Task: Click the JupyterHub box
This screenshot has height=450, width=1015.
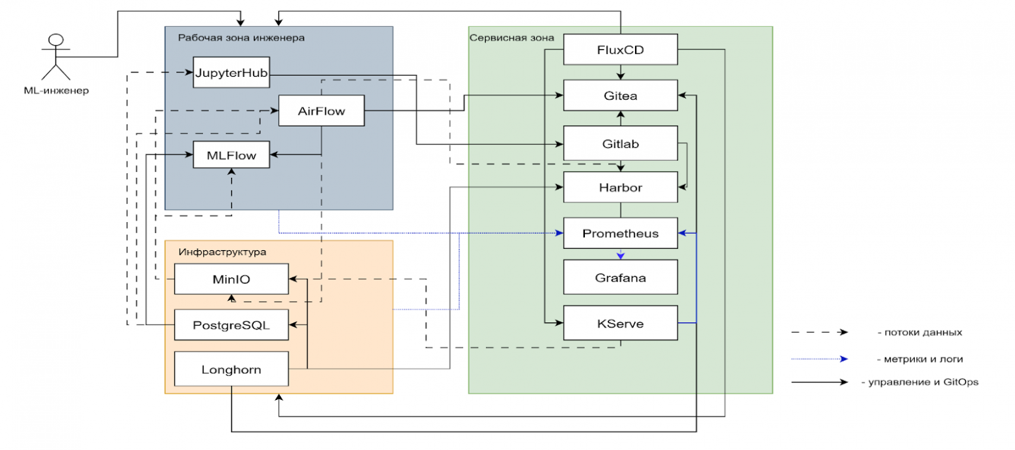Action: pos(232,73)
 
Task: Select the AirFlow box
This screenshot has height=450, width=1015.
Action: pos(321,111)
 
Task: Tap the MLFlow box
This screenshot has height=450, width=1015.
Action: pos(232,156)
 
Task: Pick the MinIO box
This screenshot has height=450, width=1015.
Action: pos(232,279)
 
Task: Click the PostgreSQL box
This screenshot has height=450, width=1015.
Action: pos(232,324)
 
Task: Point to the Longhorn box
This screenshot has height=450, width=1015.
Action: pos(232,369)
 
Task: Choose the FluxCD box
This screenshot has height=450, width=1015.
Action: pos(620,49)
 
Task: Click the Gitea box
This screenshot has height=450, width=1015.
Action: pos(620,96)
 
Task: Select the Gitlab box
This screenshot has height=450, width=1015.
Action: pos(620,143)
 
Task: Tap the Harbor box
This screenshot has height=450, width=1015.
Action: pos(620,188)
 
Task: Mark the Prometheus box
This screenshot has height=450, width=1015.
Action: pos(620,233)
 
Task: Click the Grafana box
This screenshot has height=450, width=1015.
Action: pos(620,277)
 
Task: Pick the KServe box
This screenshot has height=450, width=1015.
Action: pos(620,323)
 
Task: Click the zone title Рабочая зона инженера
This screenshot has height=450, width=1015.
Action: pos(241,38)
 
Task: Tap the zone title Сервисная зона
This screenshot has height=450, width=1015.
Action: pos(511,38)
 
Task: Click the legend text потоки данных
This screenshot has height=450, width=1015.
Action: pos(919,332)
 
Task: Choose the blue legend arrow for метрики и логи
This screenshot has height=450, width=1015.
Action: pos(820,358)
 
